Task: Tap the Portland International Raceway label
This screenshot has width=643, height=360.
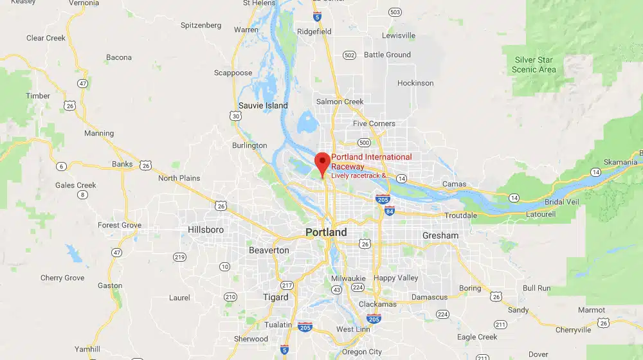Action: click(x=371, y=161)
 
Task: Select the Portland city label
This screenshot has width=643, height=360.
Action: click(x=326, y=232)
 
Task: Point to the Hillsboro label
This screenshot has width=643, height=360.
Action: click(x=206, y=230)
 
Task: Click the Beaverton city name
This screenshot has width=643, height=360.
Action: click(x=269, y=250)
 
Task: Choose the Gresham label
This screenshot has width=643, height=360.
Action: click(x=440, y=235)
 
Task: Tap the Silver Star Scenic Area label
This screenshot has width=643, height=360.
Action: click(x=534, y=65)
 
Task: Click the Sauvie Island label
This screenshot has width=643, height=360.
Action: click(x=263, y=105)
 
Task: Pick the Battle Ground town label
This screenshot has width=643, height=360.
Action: click(x=387, y=55)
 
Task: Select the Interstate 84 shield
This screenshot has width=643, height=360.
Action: click(x=390, y=210)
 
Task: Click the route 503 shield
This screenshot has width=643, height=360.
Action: click(x=395, y=12)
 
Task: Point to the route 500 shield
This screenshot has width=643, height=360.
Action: click(x=365, y=143)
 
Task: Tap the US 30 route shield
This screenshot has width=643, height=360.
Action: click(x=237, y=116)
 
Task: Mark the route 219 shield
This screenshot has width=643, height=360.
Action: click(x=179, y=257)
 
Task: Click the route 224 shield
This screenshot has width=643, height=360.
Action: click(x=442, y=314)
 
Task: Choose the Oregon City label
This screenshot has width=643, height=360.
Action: click(x=361, y=352)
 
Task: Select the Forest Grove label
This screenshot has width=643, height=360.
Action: click(x=119, y=225)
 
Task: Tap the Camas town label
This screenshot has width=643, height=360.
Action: click(x=454, y=184)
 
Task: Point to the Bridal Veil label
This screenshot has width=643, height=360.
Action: click(x=561, y=201)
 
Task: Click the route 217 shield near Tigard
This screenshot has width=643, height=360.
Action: click(x=287, y=285)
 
